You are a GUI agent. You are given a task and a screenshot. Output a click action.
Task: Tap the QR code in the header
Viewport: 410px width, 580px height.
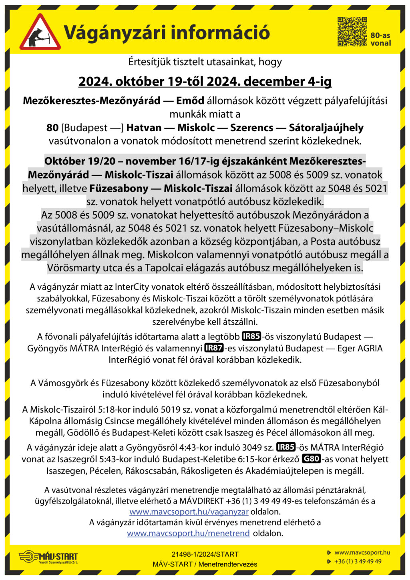pyautogui.click(x=352, y=32)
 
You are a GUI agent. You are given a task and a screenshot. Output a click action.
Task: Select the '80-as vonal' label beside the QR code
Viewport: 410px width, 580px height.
pyautogui.click(x=380, y=39)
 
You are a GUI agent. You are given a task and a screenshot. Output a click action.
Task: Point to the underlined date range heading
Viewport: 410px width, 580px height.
pyautogui.click(x=205, y=82)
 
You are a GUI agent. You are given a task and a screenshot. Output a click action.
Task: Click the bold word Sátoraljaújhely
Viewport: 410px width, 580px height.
pyautogui.click(x=326, y=128)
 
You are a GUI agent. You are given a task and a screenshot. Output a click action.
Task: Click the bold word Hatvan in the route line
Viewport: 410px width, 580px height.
pyautogui.click(x=144, y=128)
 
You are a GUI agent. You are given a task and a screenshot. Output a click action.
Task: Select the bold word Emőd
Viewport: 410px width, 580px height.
pyautogui.click(x=190, y=100)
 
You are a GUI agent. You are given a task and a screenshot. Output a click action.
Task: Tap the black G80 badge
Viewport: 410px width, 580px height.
pyautogui.click(x=311, y=459)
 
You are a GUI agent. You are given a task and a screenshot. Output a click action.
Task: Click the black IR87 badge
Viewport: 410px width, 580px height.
pyautogui.click(x=214, y=348)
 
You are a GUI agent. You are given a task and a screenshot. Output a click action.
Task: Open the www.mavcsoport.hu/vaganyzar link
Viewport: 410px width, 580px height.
pyautogui.click(x=189, y=512)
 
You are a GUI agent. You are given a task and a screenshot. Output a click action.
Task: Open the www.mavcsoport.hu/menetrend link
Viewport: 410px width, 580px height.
pyautogui.click(x=188, y=533)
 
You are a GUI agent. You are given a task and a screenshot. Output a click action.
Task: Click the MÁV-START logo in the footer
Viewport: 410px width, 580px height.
pyautogui.click(x=48, y=557)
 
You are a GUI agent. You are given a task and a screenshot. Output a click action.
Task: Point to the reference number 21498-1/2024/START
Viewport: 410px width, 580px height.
pyautogui.click(x=205, y=554)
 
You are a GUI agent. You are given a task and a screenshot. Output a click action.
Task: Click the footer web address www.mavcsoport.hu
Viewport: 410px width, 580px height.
pyautogui.click(x=362, y=552)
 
